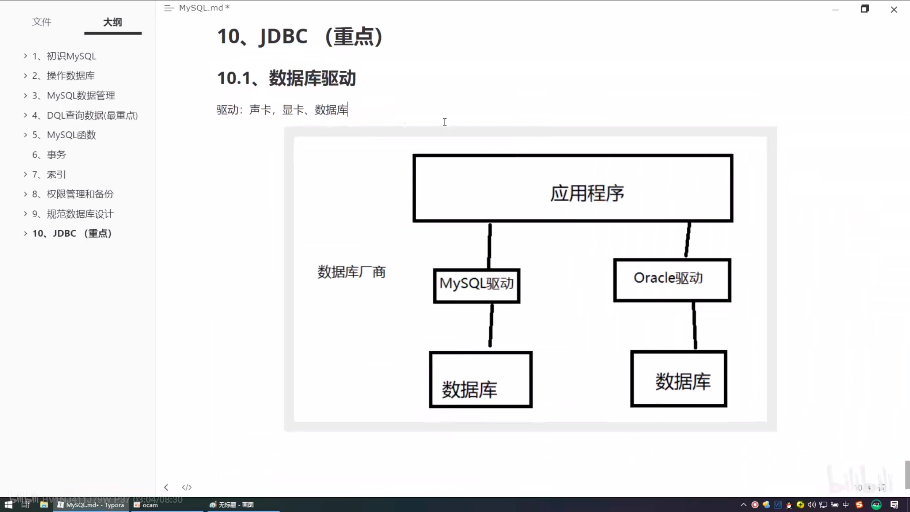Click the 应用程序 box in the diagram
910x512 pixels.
coord(573,188)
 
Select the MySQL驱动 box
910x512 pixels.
coord(476,285)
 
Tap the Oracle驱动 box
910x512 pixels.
coord(672,280)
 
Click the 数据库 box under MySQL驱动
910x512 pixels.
coord(481,379)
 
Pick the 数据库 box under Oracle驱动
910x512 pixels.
coord(679,379)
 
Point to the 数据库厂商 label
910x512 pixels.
coord(351,272)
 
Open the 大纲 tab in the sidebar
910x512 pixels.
coord(112,22)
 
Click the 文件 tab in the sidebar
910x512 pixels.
coord(42,22)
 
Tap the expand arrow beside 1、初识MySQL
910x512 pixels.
coord(25,56)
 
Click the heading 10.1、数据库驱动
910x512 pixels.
coord(286,78)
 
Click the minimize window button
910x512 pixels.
coord(835,9)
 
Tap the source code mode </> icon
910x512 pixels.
coord(187,487)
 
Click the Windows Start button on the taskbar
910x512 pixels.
coord(8,504)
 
